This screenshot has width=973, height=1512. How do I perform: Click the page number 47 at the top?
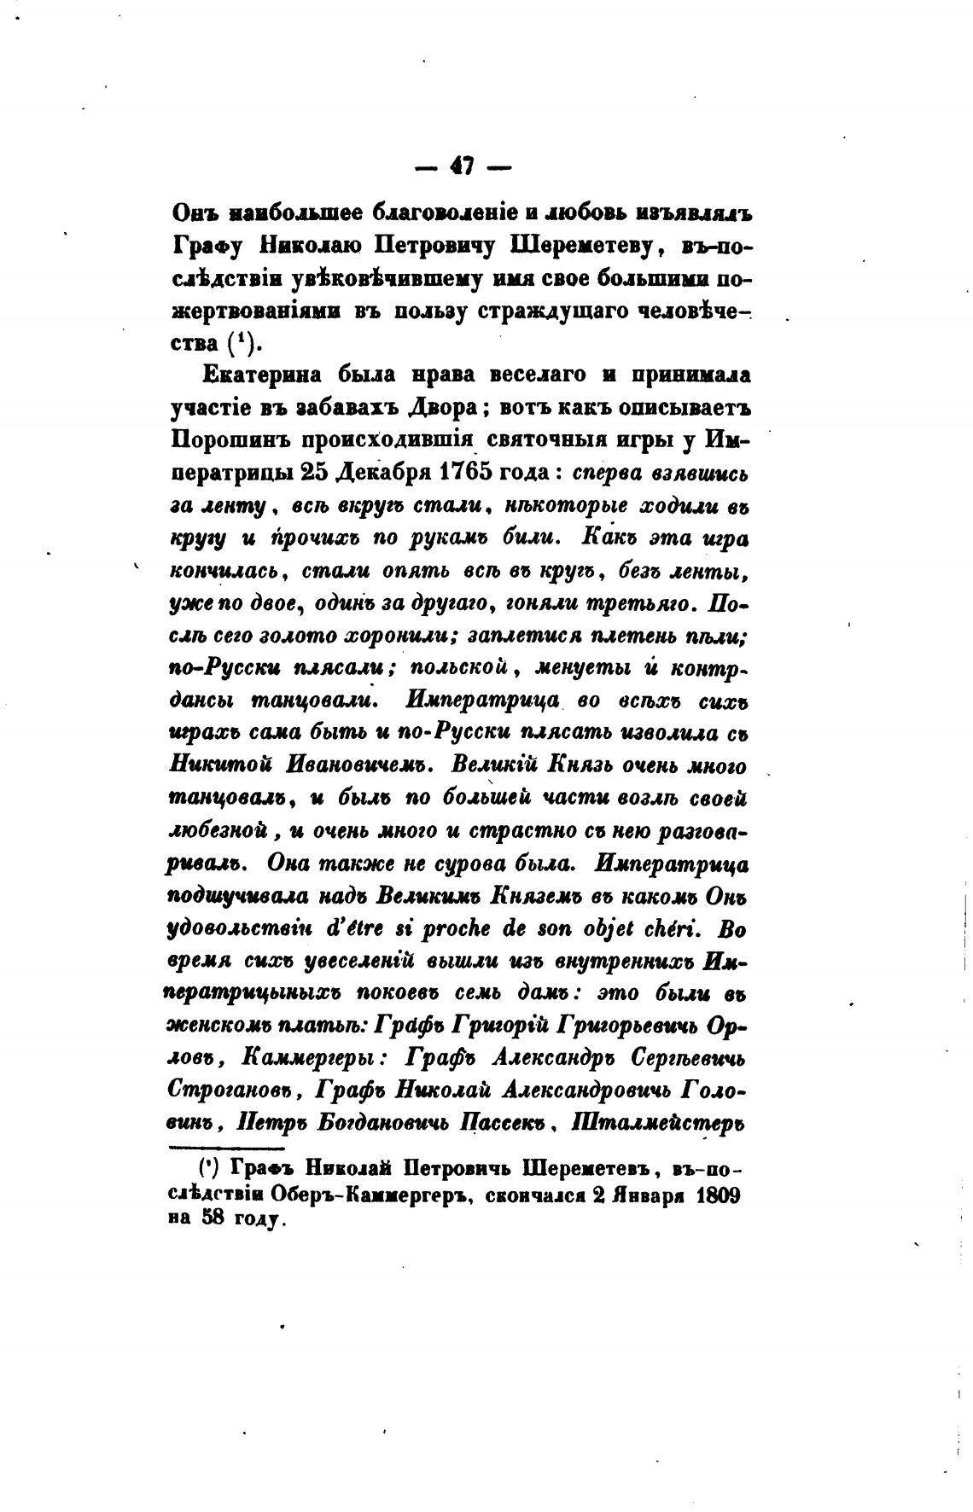[462, 166]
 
